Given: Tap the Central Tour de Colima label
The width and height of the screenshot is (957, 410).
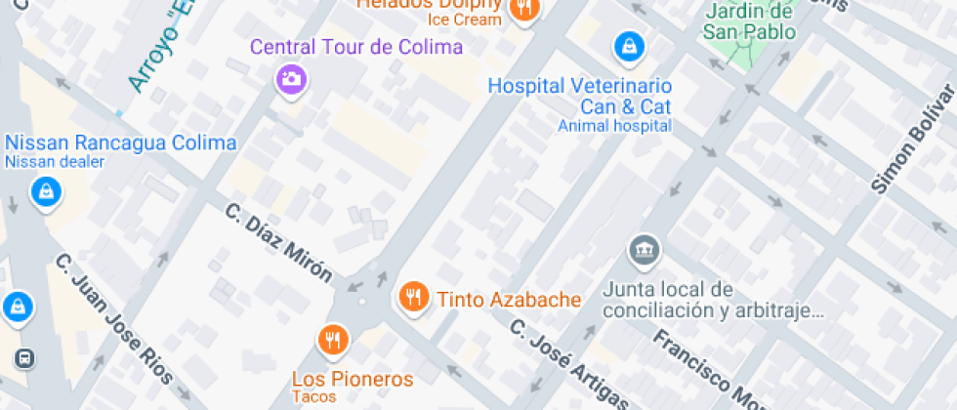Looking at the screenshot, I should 356,47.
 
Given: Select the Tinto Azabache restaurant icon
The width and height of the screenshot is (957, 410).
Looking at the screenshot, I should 415,297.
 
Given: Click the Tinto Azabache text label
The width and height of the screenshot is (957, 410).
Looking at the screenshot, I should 509,300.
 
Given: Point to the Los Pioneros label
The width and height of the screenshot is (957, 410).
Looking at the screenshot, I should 353,379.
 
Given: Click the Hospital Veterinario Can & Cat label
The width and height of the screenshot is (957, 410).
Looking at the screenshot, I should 580,96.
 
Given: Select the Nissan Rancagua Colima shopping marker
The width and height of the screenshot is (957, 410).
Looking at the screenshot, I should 44,192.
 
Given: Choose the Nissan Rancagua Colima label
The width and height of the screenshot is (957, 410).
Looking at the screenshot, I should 121,143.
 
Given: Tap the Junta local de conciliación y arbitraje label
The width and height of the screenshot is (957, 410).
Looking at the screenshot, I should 713,301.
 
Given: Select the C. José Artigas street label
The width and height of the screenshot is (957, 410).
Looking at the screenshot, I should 570,366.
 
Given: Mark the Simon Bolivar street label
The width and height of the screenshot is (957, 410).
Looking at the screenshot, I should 915,140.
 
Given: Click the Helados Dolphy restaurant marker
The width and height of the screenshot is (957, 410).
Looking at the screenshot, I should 525,10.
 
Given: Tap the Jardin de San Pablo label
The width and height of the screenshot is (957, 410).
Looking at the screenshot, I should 749,21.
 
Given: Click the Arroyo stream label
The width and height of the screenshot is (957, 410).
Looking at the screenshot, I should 157,49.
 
